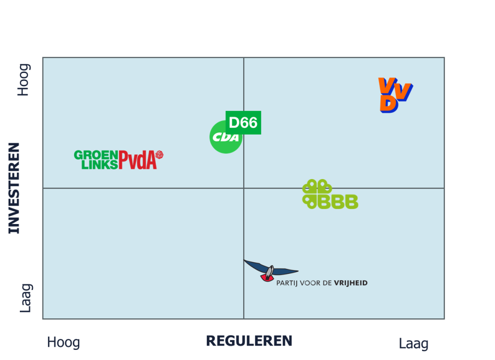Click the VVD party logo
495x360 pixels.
tap(394, 95)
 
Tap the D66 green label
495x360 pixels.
tap(243, 122)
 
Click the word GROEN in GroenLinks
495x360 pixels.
tap(96, 155)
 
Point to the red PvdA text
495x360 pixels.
tap(137, 160)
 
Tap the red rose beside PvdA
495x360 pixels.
tap(159, 154)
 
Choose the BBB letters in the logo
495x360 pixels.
tap(338, 201)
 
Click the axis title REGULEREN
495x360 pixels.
tap(249, 341)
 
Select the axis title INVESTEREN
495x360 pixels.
tap(15, 188)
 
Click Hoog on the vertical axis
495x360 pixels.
tap(24, 80)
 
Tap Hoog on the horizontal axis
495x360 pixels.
tap(63, 343)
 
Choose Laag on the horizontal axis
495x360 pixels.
tap(413, 344)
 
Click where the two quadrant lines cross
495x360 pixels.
tap(244, 188)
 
